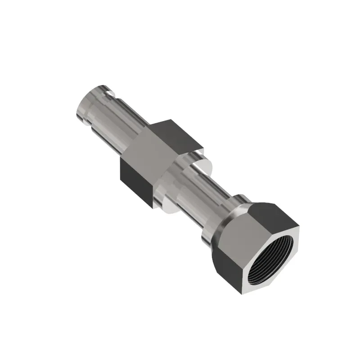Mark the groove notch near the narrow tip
(108, 92)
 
